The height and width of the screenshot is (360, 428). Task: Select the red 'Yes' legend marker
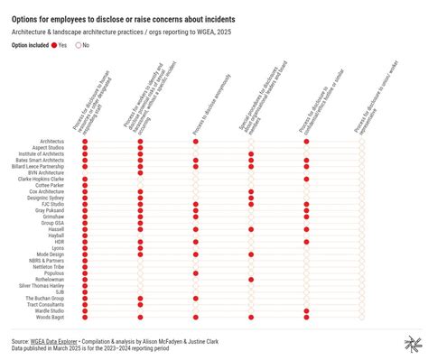click(x=55, y=44)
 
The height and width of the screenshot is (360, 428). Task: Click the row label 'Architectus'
click(x=51, y=142)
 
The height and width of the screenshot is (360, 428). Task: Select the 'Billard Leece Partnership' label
click(x=39, y=167)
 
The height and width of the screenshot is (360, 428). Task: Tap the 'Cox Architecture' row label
click(x=46, y=191)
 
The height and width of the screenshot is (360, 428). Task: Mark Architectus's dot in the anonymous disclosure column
click(x=196, y=142)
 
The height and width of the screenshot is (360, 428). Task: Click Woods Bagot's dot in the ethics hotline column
click(x=306, y=318)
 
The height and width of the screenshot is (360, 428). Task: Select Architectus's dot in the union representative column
click(x=361, y=142)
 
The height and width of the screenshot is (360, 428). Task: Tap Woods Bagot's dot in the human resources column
click(x=85, y=318)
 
